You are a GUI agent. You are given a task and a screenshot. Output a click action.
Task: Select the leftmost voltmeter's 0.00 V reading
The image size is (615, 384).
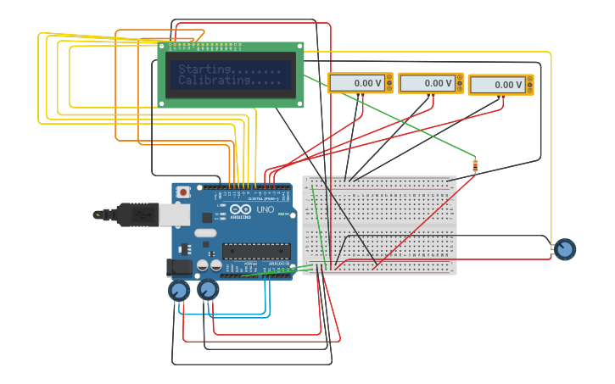click(357, 83)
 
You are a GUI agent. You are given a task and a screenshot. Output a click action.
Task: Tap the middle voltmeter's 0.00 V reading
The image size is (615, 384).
click(428, 83)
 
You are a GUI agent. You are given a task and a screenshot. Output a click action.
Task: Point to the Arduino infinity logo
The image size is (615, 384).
click(241, 209)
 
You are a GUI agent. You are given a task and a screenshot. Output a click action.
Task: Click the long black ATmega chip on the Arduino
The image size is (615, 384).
click(256, 251)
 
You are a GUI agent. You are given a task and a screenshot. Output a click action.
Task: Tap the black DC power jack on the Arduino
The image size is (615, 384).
click(179, 267)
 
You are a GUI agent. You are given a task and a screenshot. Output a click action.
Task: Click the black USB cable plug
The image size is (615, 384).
click(136, 215)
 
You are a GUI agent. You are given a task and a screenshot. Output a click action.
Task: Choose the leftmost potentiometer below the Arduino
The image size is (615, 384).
click(178, 292)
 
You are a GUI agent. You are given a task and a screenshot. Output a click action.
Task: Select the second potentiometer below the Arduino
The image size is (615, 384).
click(208, 290)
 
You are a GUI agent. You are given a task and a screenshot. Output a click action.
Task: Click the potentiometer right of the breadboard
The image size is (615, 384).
click(564, 249)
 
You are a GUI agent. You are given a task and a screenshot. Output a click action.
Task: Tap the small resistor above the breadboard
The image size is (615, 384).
click(475, 164)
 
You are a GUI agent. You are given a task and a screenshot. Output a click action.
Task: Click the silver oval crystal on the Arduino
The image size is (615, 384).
click(206, 232)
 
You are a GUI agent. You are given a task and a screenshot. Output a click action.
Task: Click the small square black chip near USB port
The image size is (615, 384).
click(207, 217)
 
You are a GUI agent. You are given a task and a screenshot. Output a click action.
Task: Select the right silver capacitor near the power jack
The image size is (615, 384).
click(216, 266)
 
